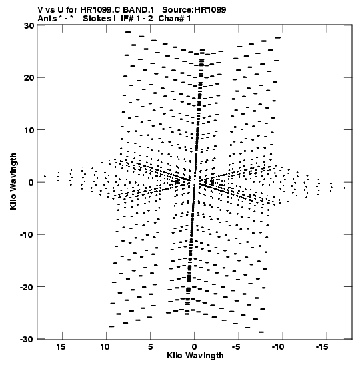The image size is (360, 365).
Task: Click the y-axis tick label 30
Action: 29,25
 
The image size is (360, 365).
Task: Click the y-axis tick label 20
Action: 29,78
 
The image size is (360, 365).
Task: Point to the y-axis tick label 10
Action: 29,130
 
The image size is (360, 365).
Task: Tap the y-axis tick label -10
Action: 27,235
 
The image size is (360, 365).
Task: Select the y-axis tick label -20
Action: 27,287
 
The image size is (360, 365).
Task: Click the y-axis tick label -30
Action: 27,340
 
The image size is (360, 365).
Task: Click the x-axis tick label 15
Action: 61,347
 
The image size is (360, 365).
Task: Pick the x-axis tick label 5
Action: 151,347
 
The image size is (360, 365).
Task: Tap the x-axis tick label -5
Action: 236,347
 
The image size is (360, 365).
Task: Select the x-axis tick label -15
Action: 322,347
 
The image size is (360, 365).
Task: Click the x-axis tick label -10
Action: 278,347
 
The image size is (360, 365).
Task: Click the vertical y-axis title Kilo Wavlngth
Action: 13,181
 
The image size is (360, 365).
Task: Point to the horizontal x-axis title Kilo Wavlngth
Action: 195,356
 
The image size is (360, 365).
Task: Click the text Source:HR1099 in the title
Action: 194,10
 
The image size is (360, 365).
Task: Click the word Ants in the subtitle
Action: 47,19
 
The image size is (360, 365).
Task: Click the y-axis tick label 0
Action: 31,183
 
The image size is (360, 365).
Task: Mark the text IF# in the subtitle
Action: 127,19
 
